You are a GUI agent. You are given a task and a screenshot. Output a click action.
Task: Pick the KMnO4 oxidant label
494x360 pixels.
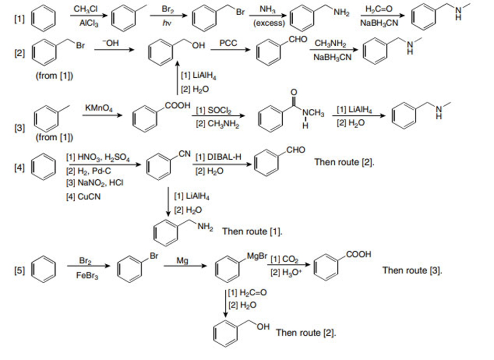[x=98, y=107]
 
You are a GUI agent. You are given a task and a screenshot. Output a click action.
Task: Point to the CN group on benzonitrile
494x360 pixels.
[x=183, y=153]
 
